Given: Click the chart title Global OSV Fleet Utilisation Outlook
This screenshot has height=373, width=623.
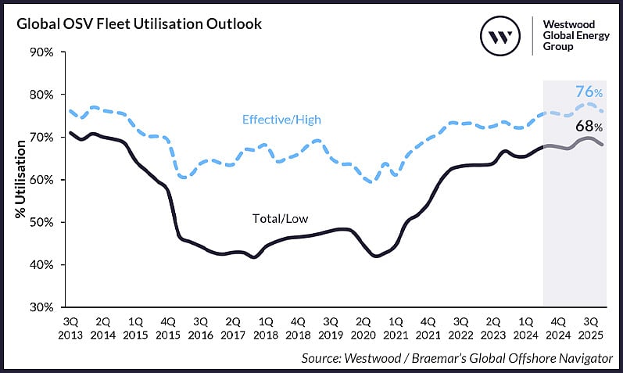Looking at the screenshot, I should pyautogui.click(x=138, y=23).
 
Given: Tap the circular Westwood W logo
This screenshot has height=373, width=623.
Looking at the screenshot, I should pyautogui.click(x=499, y=36).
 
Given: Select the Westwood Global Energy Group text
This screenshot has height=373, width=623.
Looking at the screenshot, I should pyautogui.click(x=573, y=34).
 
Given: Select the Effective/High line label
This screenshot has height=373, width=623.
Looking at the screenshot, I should pyautogui.click(x=281, y=120).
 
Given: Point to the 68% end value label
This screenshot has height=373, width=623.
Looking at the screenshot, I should pyautogui.click(x=589, y=125).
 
